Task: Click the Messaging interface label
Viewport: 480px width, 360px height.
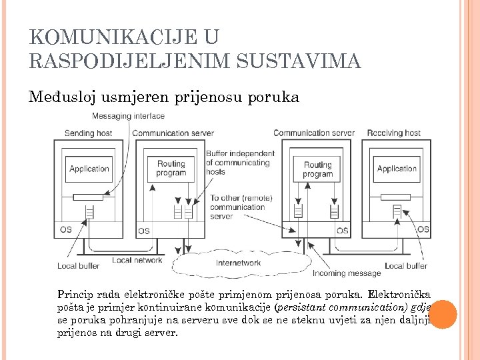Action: point(128,116)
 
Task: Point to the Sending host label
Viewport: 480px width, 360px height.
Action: point(88,133)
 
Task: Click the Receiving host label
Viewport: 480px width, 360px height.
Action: point(393,133)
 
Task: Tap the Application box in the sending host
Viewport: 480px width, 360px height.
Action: point(89,169)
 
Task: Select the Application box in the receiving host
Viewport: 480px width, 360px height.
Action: point(397,169)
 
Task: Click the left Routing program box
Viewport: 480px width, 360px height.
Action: point(171,168)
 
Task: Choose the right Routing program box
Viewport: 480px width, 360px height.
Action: point(317,169)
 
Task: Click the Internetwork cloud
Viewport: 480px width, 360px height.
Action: point(238,263)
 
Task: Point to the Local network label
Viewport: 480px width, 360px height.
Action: point(137,260)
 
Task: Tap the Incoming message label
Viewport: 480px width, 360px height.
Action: point(347,273)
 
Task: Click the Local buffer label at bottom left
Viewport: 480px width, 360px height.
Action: point(79,265)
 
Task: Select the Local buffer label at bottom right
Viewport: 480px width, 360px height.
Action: point(406,265)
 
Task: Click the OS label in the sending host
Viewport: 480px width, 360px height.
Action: point(66,230)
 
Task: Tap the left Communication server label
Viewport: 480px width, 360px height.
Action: point(173,133)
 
